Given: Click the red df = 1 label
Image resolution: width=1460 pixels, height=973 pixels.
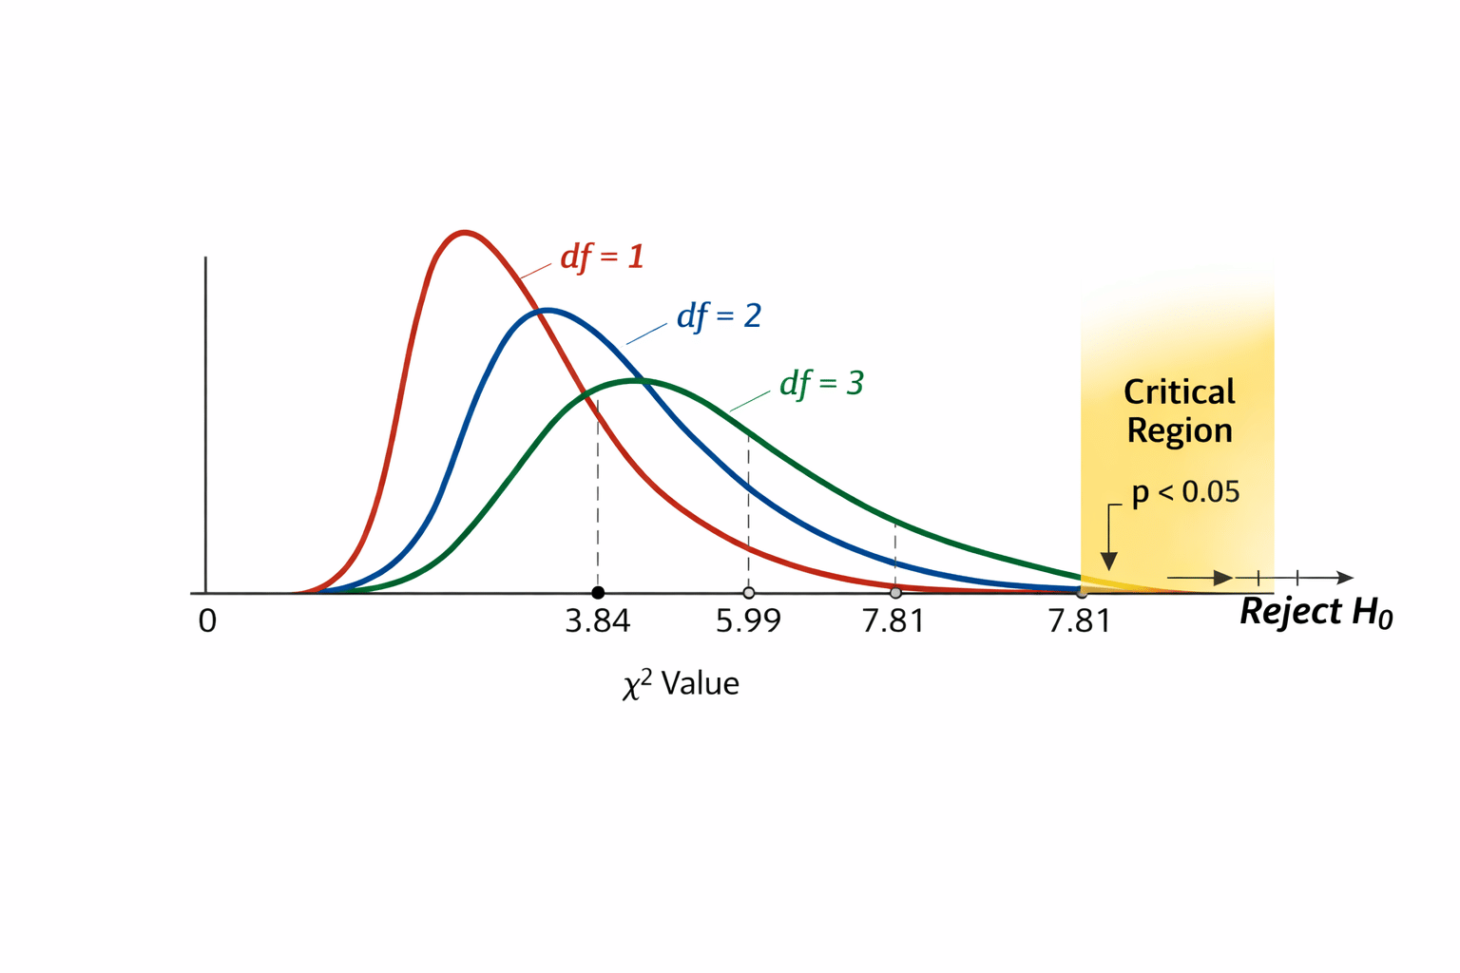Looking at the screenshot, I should pyautogui.click(x=602, y=257).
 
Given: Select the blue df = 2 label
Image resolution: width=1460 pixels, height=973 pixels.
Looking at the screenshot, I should pyautogui.click(x=719, y=315).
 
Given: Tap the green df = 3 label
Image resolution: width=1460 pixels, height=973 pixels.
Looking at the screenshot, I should pyautogui.click(x=821, y=383).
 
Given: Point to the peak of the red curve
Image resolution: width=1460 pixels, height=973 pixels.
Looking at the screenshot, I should pyautogui.click(x=464, y=232).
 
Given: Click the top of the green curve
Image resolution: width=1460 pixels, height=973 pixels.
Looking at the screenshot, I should pyautogui.click(x=638, y=380).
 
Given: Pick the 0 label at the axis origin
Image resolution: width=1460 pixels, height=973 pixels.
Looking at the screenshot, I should pyautogui.click(x=207, y=621).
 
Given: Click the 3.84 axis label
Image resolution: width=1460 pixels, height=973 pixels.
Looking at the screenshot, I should pyautogui.click(x=597, y=621).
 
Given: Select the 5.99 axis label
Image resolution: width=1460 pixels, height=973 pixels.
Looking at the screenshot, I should pyautogui.click(x=748, y=621).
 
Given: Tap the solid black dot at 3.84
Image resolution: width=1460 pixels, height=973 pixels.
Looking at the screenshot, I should pyautogui.click(x=598, y=593).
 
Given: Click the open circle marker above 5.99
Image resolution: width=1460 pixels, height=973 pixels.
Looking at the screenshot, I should pyautogui.click(x=749, y=593).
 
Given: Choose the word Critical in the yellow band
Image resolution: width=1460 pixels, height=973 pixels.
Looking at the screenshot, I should pyautogui.click(x=1179, y=391).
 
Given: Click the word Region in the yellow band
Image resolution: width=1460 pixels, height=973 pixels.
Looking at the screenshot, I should pyautogui.click(x=1179, y=430).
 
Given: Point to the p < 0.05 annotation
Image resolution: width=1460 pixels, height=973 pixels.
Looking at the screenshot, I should pyautogui.click(x=1185, y=492).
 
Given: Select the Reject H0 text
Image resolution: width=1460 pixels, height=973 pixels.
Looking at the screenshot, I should pyautogui.click(x=1316, y=612).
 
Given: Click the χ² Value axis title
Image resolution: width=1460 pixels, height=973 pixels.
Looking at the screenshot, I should pyautogui.click(x=681, y=683).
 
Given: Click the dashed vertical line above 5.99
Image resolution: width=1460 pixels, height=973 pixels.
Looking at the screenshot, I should pyautogui.click(x=749, y=513).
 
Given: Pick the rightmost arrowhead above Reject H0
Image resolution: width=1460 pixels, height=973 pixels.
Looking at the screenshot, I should pyautogui.click(x=1345, y=578).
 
